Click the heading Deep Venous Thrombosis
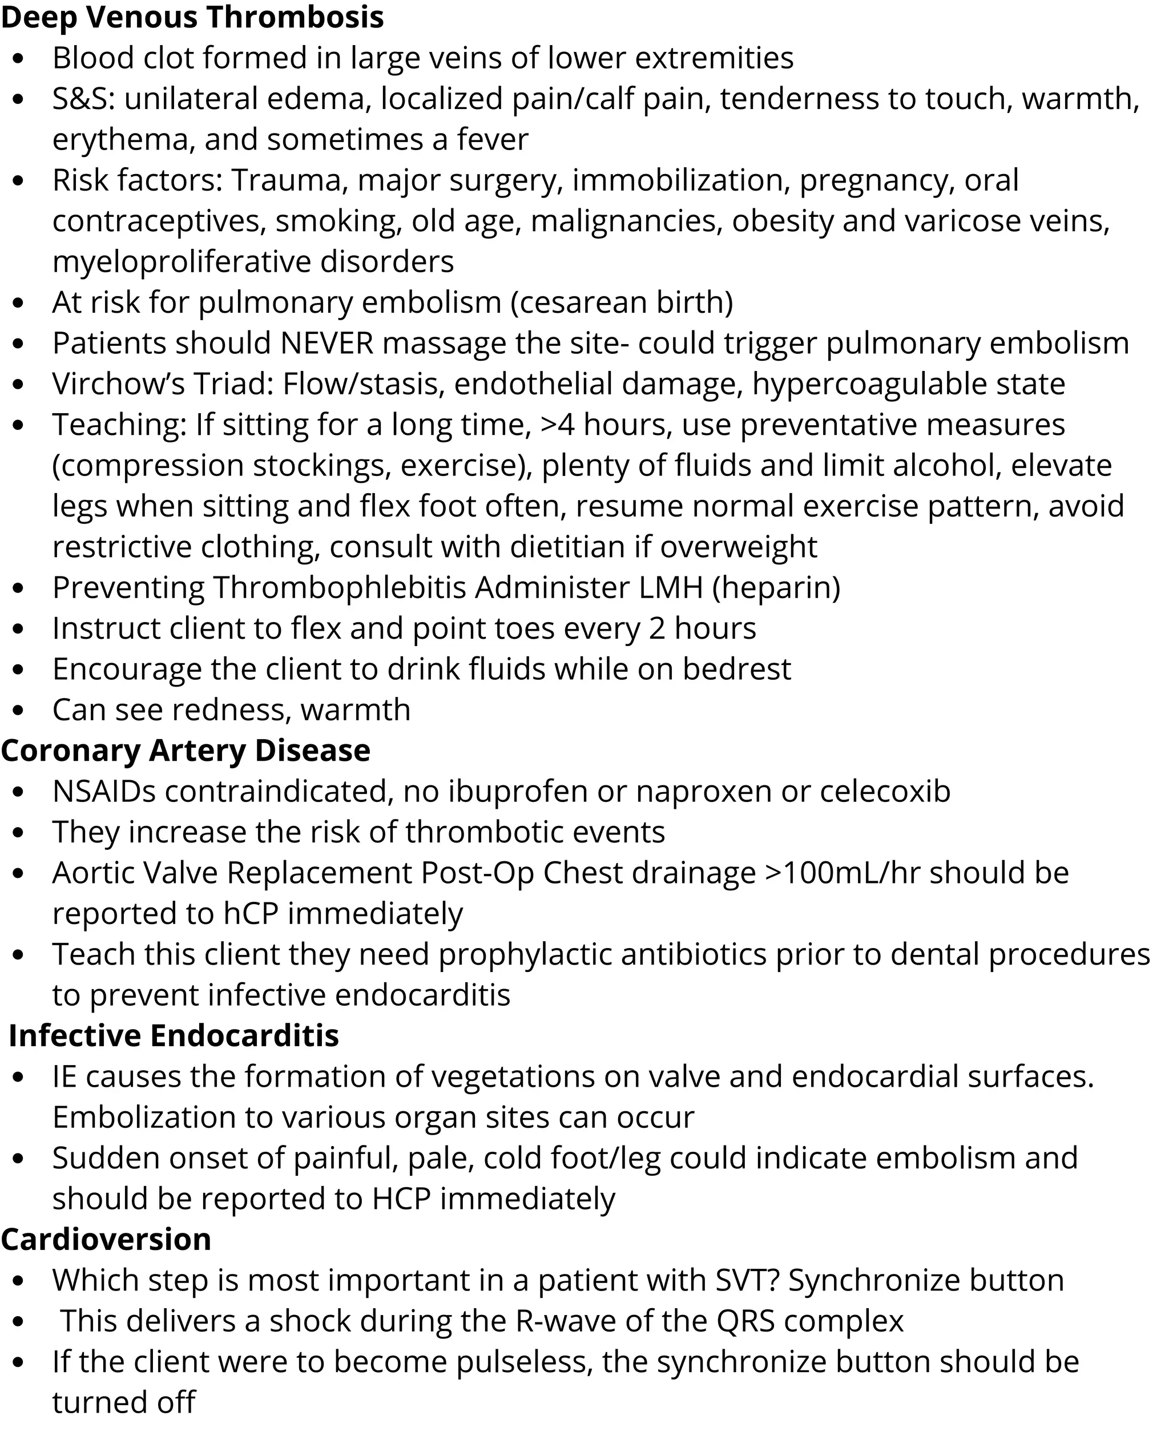[192, 18]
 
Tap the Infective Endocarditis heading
[174, 1036]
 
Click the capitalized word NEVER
[326, 344]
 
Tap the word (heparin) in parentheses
[776, 588]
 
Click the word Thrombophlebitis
[340, 588]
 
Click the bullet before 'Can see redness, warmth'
[18, 710]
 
